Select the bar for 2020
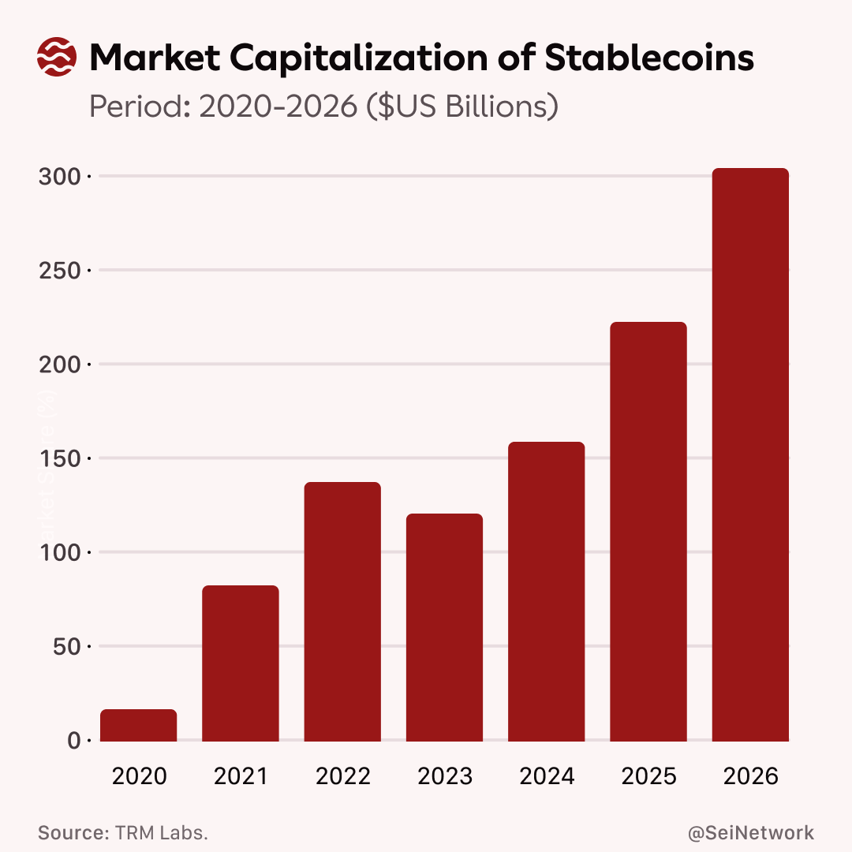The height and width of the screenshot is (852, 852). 139,726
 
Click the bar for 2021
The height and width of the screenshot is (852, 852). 241,663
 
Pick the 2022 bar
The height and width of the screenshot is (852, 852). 342,612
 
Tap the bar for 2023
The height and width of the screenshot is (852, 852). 444,628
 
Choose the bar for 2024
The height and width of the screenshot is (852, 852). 546,592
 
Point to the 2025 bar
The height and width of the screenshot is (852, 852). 648,532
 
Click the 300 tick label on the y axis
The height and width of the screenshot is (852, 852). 60,176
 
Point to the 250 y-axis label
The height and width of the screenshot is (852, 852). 60,271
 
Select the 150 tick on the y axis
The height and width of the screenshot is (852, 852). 60,458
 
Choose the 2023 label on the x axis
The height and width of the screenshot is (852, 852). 445,776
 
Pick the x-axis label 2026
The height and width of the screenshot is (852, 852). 750,776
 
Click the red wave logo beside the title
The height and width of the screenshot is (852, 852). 57,58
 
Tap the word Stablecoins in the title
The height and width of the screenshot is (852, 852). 649,58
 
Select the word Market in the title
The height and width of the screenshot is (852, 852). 156,58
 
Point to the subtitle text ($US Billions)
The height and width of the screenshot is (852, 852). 462,106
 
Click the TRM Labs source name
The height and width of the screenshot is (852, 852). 161,833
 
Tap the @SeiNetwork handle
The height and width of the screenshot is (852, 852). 751,833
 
